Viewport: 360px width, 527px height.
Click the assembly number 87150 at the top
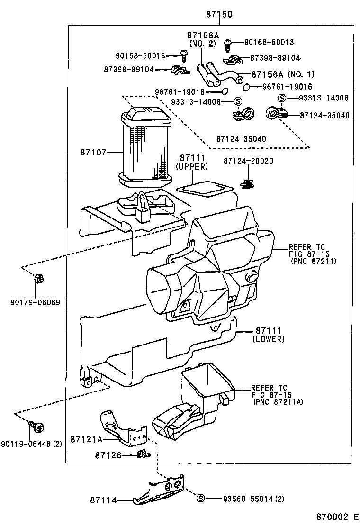point(219,15)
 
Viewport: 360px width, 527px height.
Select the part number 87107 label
point(93,152)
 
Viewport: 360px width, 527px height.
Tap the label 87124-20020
point(248,161)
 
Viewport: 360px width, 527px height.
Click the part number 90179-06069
point(37,302)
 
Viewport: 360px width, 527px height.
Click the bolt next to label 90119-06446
point(36,427)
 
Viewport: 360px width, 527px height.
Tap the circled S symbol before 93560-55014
point(200,498)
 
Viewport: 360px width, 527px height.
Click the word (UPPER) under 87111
point(191,166)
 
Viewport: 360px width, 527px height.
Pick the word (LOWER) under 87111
point(268,339)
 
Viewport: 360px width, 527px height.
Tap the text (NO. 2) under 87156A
point(203,44)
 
